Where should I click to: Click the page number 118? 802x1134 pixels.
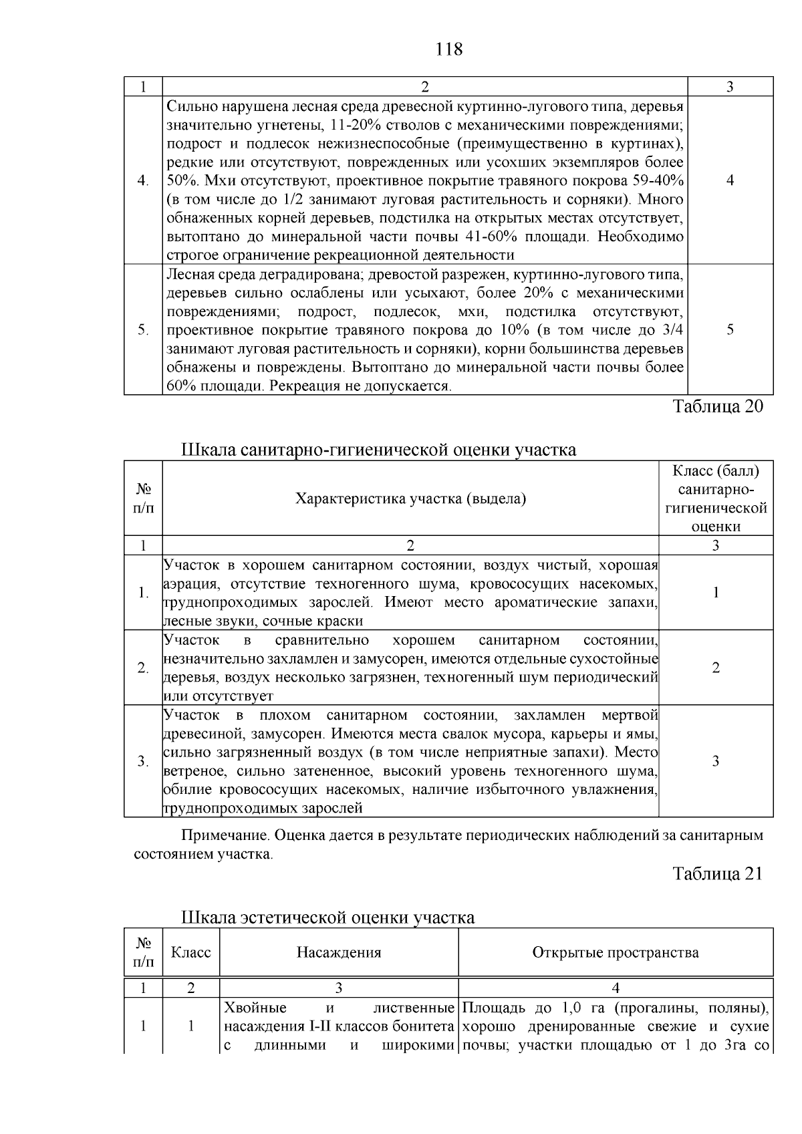[448, 49]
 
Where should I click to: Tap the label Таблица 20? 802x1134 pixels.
[717, 406]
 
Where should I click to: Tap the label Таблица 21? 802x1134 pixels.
[717, 873]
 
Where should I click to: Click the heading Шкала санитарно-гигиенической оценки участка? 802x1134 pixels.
[379, 450]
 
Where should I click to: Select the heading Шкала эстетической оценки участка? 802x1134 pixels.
[328, 917]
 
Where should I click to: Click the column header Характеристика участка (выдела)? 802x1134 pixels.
[410, 499]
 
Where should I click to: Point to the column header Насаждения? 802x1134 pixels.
[339, 952]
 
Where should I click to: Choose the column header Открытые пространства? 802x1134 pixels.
[615, 952]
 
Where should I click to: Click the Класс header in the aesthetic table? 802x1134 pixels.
[191, 952]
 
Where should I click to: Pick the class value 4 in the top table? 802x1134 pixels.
[730, 180]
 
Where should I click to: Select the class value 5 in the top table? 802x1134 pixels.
[730, 329]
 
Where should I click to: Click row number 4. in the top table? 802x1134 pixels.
[143, 180]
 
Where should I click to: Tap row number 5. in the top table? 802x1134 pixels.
[143, 329]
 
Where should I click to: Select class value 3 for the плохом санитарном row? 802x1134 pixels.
[715, 761]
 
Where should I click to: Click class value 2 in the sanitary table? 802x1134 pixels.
[715, 668]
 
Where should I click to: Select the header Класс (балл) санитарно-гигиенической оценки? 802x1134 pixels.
[715, 499]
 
